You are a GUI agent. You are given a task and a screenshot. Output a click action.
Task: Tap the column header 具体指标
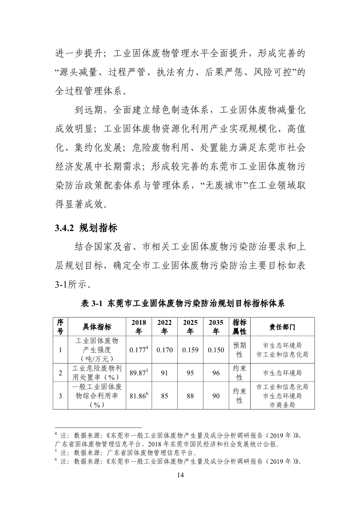coord(96,327)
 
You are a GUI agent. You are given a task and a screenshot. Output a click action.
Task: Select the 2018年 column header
coord(139,327)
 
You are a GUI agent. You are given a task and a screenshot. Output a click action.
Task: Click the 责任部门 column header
coord(282,327)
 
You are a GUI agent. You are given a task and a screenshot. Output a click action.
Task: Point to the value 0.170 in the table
coord(164,350)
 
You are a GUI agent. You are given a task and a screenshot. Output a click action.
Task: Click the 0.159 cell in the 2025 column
coord(190,350)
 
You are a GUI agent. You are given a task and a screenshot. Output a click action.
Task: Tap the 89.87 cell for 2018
coord(139,373)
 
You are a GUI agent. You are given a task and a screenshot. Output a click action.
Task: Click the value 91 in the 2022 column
coord(164,373)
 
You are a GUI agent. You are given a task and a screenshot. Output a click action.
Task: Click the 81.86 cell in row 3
coord(139,396)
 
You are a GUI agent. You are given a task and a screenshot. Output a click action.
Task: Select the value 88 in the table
coord(190,396)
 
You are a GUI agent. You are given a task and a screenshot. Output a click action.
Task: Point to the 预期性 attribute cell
coord(239,350)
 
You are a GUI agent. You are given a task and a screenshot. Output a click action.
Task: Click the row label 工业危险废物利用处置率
coord(96,373)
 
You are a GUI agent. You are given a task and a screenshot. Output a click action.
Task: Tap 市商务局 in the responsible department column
coord(282,405)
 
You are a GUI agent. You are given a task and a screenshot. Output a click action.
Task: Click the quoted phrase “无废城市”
coord(225,187)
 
